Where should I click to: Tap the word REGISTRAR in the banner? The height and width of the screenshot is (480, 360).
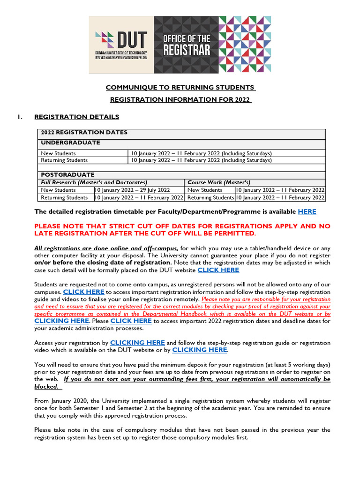pyautogui.click(x=187, y=50)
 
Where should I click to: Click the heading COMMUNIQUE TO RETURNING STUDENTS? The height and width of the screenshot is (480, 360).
pyautogui.click(x=180, y=88)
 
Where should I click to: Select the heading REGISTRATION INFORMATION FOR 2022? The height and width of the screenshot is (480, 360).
pyautogui.click(x=180, y=99)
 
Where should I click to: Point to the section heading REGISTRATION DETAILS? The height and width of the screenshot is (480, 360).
pyautogui.click(x=77, y=117)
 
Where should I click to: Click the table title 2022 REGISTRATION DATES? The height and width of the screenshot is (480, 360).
pyautogui.click(x=84, y=133)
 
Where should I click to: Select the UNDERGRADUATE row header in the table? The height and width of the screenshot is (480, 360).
pyautogui.click(x=70, y=142)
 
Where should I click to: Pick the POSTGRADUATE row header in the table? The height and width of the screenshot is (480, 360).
pyautogui.click(x=67, y=174)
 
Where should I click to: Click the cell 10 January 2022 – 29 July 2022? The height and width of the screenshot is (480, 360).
pyautogui.click(x=132, y=190)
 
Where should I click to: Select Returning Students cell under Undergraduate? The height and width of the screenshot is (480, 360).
pyautogui.click(x=64, y=160)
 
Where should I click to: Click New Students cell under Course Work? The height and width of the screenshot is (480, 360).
pyautogui.click(x=205, y=190)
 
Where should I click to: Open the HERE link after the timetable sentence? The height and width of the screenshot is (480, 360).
pyautogui.click(x=307, y=212)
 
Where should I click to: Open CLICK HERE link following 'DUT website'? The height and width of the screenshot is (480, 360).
pyautogui.click(x=218, y=270)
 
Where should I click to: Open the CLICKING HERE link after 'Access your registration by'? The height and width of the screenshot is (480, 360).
pyautogui.click(x=137, y=343)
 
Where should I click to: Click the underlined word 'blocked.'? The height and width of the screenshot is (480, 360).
pyautogui.click(x=46, y=387)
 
